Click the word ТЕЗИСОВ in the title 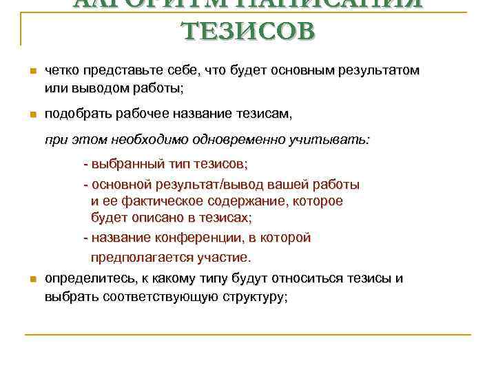pos(247,32)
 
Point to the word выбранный pos(123,165)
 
